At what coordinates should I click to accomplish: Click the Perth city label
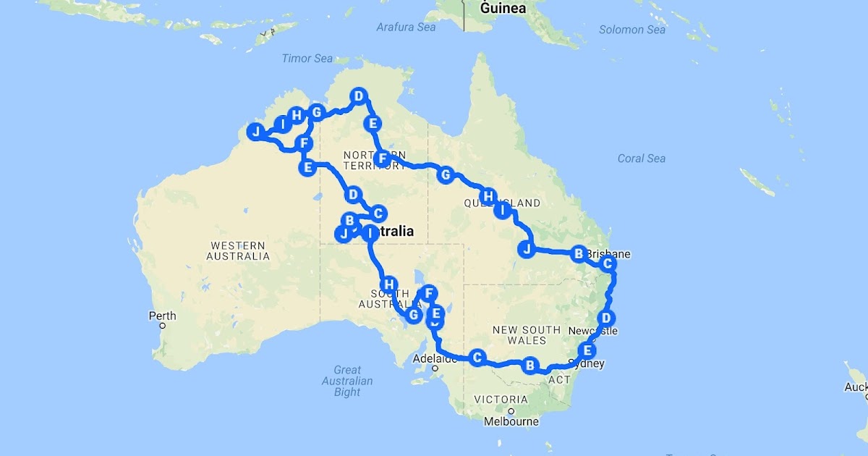click(x=162, y=316)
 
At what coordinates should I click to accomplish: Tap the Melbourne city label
click(x=511, y=421)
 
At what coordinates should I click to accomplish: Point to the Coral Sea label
click(x=642, y=159)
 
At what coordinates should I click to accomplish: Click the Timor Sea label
click(x=307, y=59)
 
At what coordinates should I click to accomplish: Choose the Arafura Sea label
click(x=406, y=27)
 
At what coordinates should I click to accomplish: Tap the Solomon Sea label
click(x=632, y=30)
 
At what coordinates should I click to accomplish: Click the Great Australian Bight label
click(x=347, y=381)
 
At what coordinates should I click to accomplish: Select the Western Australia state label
click(x=238, y=250)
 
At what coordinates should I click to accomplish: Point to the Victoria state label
click(x=501, y=400)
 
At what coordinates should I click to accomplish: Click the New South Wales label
click(x=526, y=334)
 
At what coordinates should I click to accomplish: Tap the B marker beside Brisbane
click(x=578, y=253)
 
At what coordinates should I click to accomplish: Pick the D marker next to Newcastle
click(x=607, y=317)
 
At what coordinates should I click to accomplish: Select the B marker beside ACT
click(x=530, y=366)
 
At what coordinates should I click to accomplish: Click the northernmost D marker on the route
click(x=358, y=96)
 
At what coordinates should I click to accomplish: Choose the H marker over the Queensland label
click(x=489, y=196)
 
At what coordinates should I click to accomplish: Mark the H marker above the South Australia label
click(x=389, y=284)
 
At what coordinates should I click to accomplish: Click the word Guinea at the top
click(x=503, y=9)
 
